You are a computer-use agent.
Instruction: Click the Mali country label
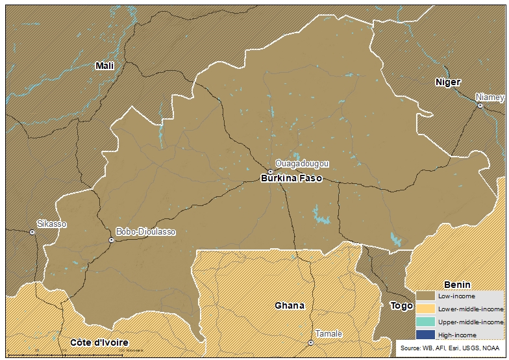click(104, 66)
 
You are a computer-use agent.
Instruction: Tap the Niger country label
click(448, 82)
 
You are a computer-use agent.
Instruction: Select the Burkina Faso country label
click(291, 178)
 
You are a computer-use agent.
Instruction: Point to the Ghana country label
click(289, 305)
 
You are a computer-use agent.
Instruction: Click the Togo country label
click(401, 305)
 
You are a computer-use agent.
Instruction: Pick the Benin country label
click(457, 285)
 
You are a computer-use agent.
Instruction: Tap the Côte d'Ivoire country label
click(99, 342)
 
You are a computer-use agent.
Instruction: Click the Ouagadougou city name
click(302, 163)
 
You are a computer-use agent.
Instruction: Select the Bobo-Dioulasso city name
click(145, 231)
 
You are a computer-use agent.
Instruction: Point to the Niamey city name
click(490, 97)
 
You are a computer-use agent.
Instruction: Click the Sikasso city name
click(51, 224)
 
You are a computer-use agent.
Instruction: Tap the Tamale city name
click(329, 333)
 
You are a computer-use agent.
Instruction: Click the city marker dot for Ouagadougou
click(271, 172)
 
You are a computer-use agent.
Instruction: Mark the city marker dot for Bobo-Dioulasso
click(112, 240)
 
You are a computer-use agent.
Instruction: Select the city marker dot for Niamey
click(480, 105)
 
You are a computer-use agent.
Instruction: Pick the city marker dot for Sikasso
click(32, 232)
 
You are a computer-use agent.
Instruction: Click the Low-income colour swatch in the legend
click(425, 296)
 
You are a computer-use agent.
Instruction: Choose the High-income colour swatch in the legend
click(425, 335)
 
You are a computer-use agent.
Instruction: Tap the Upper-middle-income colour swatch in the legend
click(425, 322)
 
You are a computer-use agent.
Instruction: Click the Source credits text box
click(451, 349)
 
